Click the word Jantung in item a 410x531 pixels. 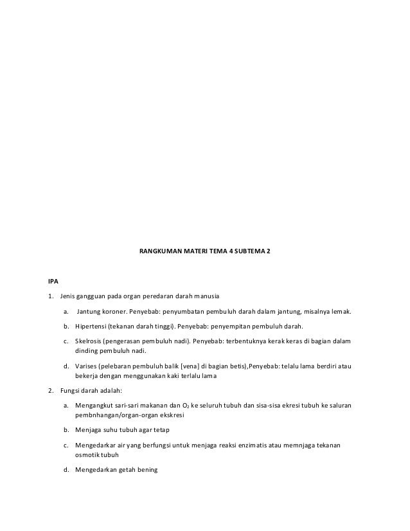click(x=89, y=312)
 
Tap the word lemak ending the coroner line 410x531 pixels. click(x=342, y=312)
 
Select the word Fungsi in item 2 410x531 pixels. click(x=69, y=390)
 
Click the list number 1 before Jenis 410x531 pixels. click(x=50, y=296)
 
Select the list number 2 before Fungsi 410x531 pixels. click(x=50, y=390)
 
